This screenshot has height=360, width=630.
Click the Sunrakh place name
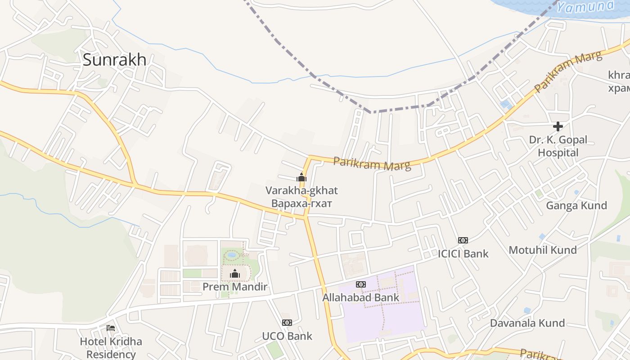pyautogui.click(x=114, y=59)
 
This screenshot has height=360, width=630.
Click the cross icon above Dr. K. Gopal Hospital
pyautogui.click(x=558, y=126)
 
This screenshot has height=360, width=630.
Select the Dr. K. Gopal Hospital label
pyautogui.click(x=558, y=146)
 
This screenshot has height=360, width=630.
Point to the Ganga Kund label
pyautogui.click(x=576, y=206)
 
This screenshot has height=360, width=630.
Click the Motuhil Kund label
pyautogui.click(x=543, y=250)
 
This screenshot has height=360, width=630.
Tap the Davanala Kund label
pyautogui.click(x=527, y=323)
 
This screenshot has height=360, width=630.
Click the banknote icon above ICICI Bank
pyautogui.click(x=463, y=240)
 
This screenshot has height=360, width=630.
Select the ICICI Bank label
pyautogui.click(x=463, y=254)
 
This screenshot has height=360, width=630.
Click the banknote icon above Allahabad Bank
pyautogui.click(x=361, y=284)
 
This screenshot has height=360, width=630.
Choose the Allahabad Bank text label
pyautogui.click(x=361, y=297)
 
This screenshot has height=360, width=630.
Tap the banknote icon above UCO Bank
pyautogui.click(x=287, y=323)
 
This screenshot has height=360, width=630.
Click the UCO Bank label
pyautogui.click(x=287, y=336)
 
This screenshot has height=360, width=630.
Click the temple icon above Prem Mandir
pyautogui.click(x=235, y=274)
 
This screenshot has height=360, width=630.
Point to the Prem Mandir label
pyautogui.click(x=235, y=287)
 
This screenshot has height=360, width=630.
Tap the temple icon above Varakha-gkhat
pyautogui.click(x=301, y=177)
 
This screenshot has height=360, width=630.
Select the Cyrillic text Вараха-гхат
pyautogui.click(x=301, y=204)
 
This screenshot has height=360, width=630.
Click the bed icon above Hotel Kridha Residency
pyautogui.click(x=111, y=328)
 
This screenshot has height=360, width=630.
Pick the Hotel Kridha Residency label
pyautogui.click(x=111, y=348)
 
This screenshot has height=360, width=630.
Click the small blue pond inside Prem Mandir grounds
pyautogui.click(x=232, y=255)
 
